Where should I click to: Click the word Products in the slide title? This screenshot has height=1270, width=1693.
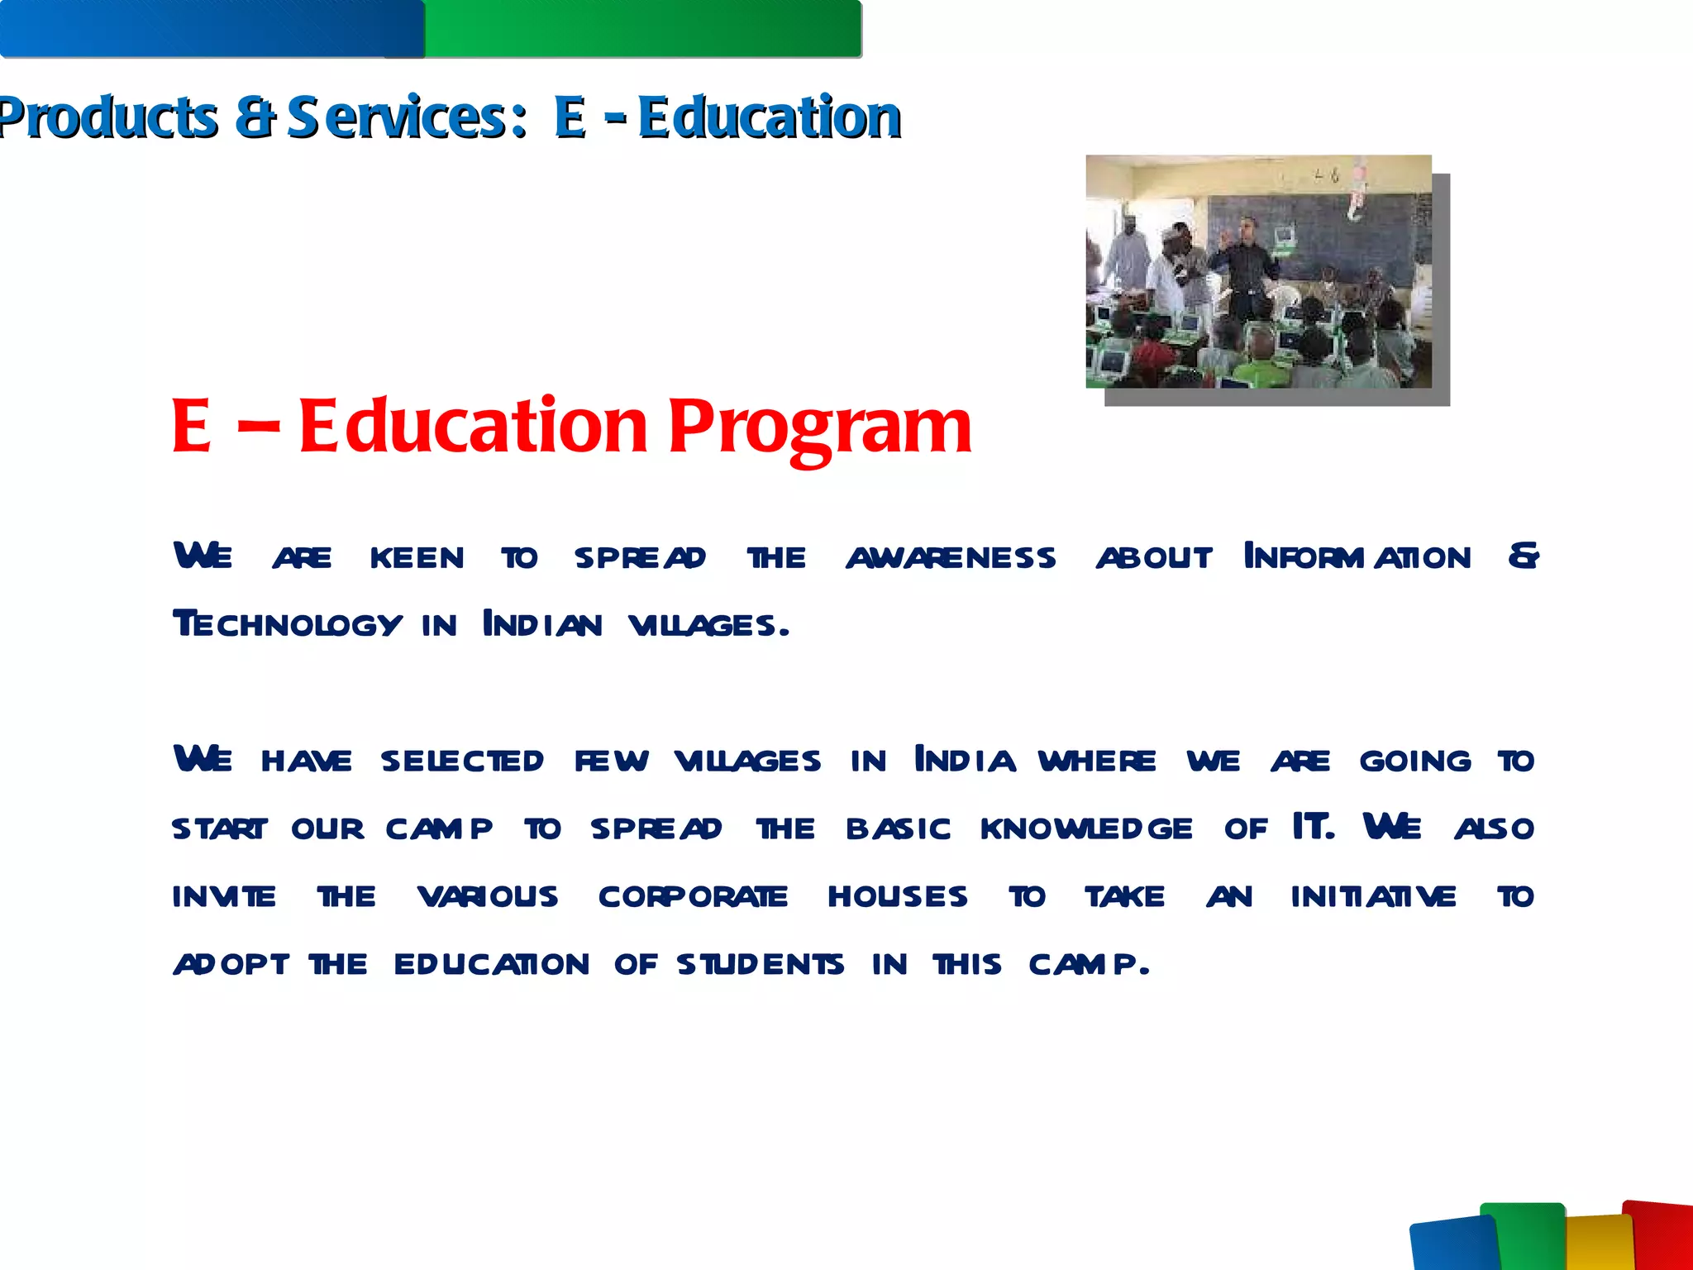coord(107,117)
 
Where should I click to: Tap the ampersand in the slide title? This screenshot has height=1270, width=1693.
coord(254,117)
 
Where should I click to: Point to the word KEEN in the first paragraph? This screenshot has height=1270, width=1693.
coord(417,558)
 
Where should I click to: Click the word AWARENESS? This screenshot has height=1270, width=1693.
coord(951,558)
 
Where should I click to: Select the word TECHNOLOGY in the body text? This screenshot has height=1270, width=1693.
coord(288,625)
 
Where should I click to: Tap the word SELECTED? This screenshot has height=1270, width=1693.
coord(462,761)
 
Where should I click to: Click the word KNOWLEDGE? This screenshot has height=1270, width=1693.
coord(1086,828)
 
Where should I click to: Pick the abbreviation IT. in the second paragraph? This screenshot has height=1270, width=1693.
coord(1313,827)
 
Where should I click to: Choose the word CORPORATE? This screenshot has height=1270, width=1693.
coord(693,896)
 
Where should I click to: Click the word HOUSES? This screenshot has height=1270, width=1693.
coord(898,896)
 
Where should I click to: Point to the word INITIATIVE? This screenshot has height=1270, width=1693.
coord(1373,896)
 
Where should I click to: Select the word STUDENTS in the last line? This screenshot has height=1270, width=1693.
coord(761,964)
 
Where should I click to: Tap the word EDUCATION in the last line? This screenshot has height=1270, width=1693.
coord(491,964)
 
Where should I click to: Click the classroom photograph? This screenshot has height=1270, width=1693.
coord(1258,271)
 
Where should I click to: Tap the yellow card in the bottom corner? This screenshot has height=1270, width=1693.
coord(1600,1244)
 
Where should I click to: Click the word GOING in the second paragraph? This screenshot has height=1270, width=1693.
coord(1415,761)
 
